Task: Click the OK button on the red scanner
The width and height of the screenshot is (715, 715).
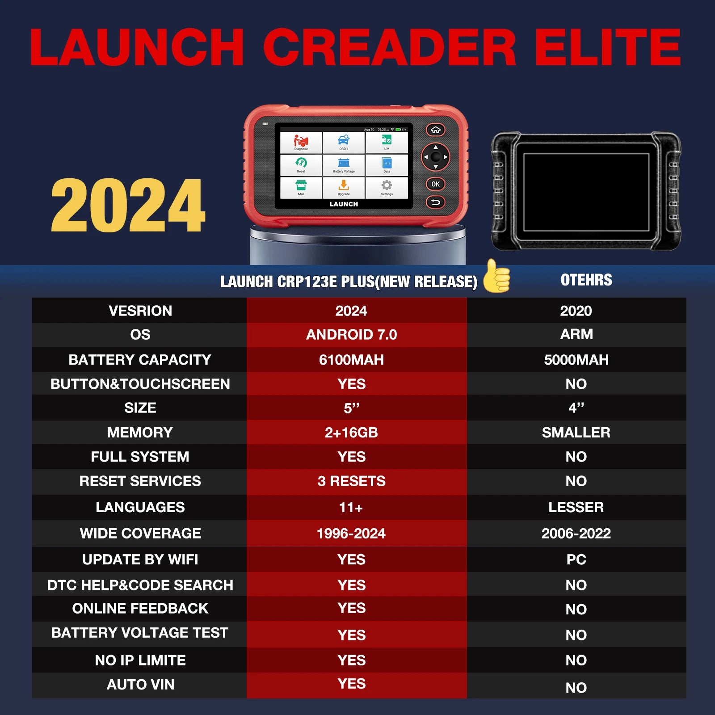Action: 435,184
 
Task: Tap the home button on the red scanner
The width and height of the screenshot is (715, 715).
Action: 435,130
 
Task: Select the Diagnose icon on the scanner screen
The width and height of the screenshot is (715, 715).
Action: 301,143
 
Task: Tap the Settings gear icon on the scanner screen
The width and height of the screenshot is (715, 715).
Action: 387,187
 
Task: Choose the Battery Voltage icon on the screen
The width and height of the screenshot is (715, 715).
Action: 344,165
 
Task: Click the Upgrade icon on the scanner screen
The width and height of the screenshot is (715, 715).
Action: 344,187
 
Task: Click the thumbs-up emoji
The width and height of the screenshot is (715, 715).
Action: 496,276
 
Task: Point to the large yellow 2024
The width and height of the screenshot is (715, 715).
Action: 128,205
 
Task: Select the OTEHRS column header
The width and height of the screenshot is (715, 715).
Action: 586,280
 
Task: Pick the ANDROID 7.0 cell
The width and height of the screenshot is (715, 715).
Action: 351,334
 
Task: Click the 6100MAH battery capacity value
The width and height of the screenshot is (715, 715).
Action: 351,359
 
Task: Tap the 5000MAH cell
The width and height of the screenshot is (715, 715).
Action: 576,359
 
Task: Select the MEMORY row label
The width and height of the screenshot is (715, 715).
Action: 140,432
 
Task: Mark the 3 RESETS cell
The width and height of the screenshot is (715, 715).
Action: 351,481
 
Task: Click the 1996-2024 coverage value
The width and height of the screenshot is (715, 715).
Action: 351,533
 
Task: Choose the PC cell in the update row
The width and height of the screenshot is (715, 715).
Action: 576,559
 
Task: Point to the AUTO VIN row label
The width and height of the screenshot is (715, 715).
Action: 140,684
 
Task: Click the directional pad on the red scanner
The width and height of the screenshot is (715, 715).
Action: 435,157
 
